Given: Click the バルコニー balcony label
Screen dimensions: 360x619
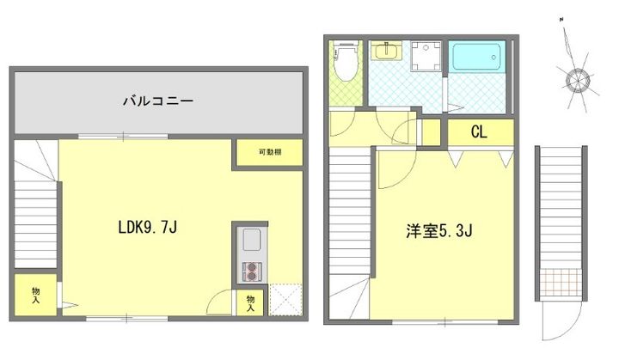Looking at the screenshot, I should (x=156, y=101).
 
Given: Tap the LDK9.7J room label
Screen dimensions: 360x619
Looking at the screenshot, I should (x=148, y=228).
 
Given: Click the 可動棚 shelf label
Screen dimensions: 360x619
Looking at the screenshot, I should (x=269, y=153).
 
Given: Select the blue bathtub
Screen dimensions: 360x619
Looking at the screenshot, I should (x=479, y=57).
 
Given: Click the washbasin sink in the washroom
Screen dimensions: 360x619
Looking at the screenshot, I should (x=384, y=52).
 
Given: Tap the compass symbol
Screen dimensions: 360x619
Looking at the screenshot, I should (x=575, y=80).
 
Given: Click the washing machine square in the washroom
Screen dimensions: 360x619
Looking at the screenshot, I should (x=426, y=58).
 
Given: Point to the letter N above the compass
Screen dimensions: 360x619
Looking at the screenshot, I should (x=560, y=19).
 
